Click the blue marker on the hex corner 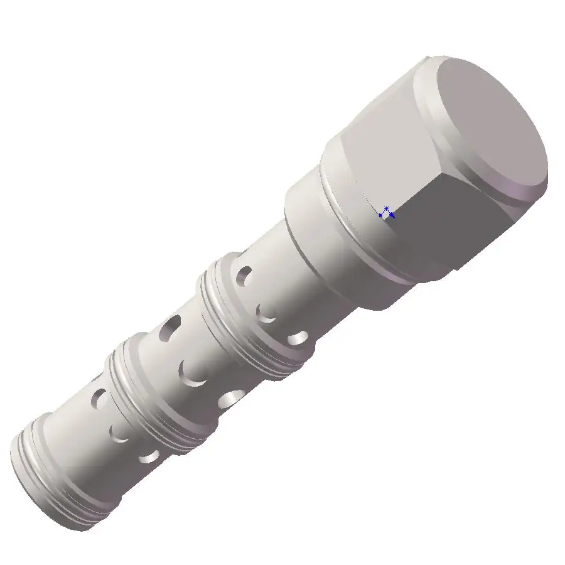pos(386,212)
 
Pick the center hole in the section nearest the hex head pos(267,313)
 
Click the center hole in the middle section pos(193,373)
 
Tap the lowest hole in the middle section pos(234,397)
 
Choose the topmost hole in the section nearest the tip pos(99,397)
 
